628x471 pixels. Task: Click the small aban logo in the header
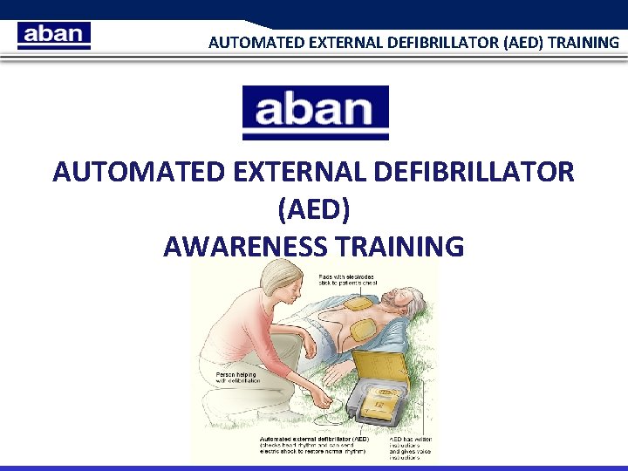pyautogui.click(x=53, y=35)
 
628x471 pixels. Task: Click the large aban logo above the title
pyautogui.click(x=315, y=113)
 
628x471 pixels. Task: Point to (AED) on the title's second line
pyautogui.click(x=314, y=209)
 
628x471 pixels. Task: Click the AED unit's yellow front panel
pyautogui.click(x=382, y=406)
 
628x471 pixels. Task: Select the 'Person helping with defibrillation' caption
pyautogui.click(x=237, y=377)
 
